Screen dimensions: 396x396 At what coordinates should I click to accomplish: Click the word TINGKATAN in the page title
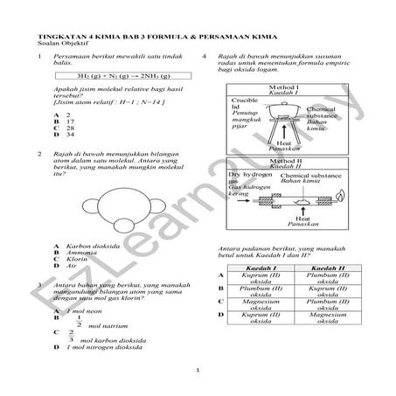point(46,38)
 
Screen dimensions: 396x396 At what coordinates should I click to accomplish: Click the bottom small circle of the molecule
point(93,229)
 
